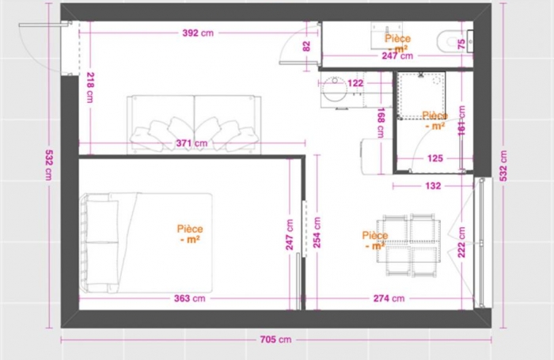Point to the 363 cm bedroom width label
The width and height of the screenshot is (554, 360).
coord(190,298)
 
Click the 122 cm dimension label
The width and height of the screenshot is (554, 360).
coord(354,83)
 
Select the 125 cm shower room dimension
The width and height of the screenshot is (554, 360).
coord(434,158)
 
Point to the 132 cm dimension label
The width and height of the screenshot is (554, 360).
coord(433,186)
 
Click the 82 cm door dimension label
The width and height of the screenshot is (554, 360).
coord(307,45)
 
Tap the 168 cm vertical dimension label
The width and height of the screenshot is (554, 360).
coord(381,122)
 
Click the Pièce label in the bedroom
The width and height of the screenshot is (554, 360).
coord(189,233)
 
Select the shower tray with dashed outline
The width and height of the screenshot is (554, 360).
coord(419,96)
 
